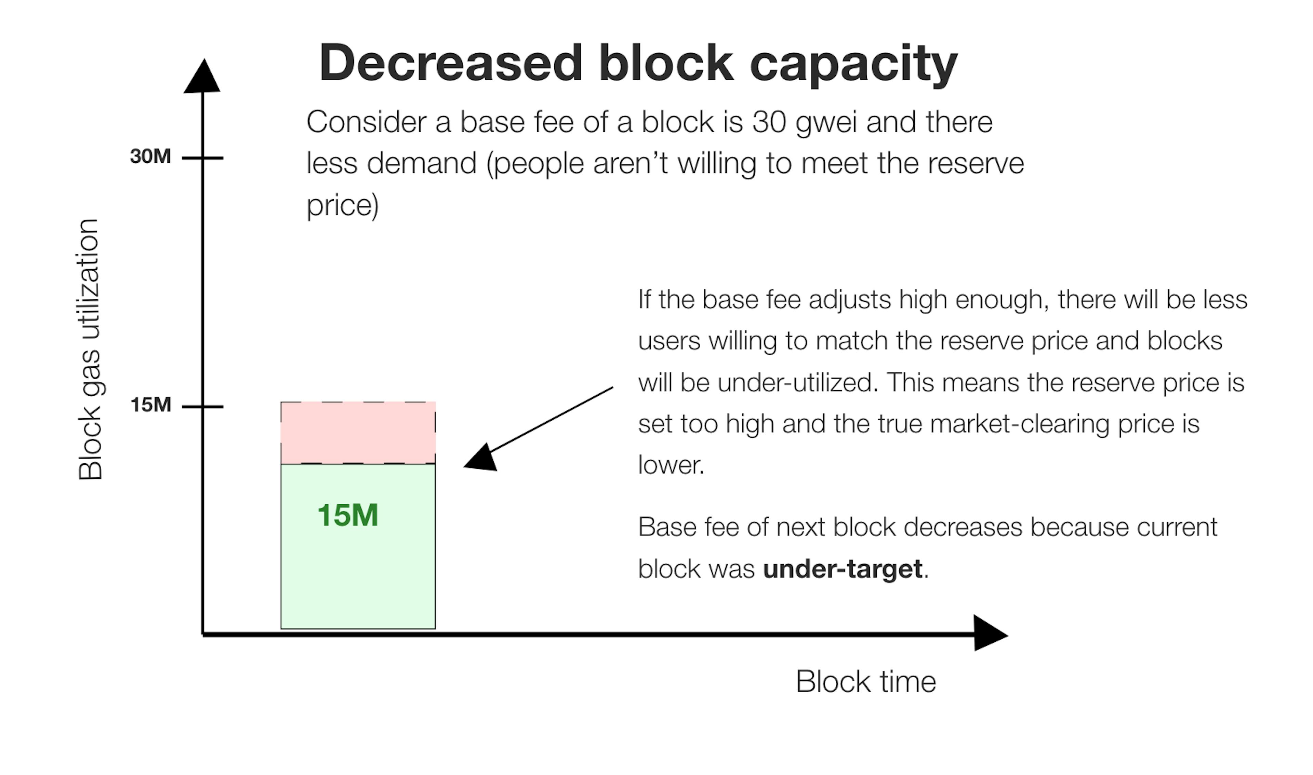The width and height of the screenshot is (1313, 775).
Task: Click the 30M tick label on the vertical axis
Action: coord(150,156)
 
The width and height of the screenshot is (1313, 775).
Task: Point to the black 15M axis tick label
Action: coord(150,405)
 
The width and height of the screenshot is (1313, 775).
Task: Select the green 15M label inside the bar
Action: coord(347,515)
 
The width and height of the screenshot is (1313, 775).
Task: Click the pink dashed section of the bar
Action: coord(358,432)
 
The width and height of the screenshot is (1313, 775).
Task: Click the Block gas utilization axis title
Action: coord(89,349)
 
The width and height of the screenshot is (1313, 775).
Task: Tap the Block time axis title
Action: coord(866,681)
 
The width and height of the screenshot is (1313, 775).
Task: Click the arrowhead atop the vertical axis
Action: coord(202,76)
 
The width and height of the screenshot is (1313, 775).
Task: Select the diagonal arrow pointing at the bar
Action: coord(538,428)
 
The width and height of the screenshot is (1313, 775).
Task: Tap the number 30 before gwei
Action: coord(769,123)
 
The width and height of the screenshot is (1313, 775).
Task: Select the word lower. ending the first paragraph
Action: coord(672,465)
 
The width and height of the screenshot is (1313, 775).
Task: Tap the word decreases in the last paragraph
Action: coord(963,528)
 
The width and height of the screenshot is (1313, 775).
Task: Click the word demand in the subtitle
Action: coord(422,163)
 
